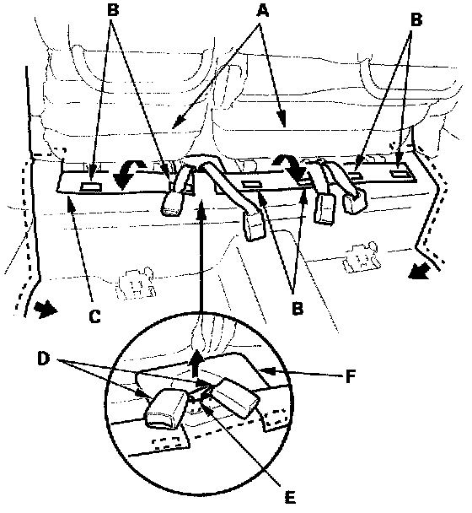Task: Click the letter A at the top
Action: (x=262, y=10)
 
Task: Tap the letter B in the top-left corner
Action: (x=113, y=9)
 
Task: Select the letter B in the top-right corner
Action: (x=416, y=19)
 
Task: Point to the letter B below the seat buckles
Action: (x=298, y=307)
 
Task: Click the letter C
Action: (x=94, y=316)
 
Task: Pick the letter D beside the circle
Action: (x=44, y=359)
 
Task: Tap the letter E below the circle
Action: (x=290, y=497)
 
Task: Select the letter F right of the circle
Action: (x=351, y=376)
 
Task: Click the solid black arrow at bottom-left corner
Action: (x=46, y=308)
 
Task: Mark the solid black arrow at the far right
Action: (x=419, y=271)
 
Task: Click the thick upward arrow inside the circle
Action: (x=196, y=363)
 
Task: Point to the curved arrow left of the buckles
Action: (x=128, y=174)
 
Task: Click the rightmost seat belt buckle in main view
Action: (x=354, y=202)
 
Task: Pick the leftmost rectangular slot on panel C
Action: (x=91, y=187)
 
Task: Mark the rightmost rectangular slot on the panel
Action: (x=400, y=174)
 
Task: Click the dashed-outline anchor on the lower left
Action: (x=136, y=283)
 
